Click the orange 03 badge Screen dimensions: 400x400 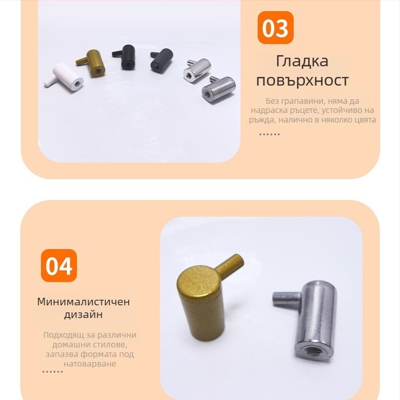click(275, 27)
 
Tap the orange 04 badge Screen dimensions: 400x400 click(59, 265)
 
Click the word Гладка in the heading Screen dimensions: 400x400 click(302, 61)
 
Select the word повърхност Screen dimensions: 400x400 click(302, 81)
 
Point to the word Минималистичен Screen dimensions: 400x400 click(84, 302)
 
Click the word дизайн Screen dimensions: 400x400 click(84, 314)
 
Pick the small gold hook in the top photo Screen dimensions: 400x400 click(91, 63)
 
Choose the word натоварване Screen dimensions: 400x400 click(90, 364)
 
